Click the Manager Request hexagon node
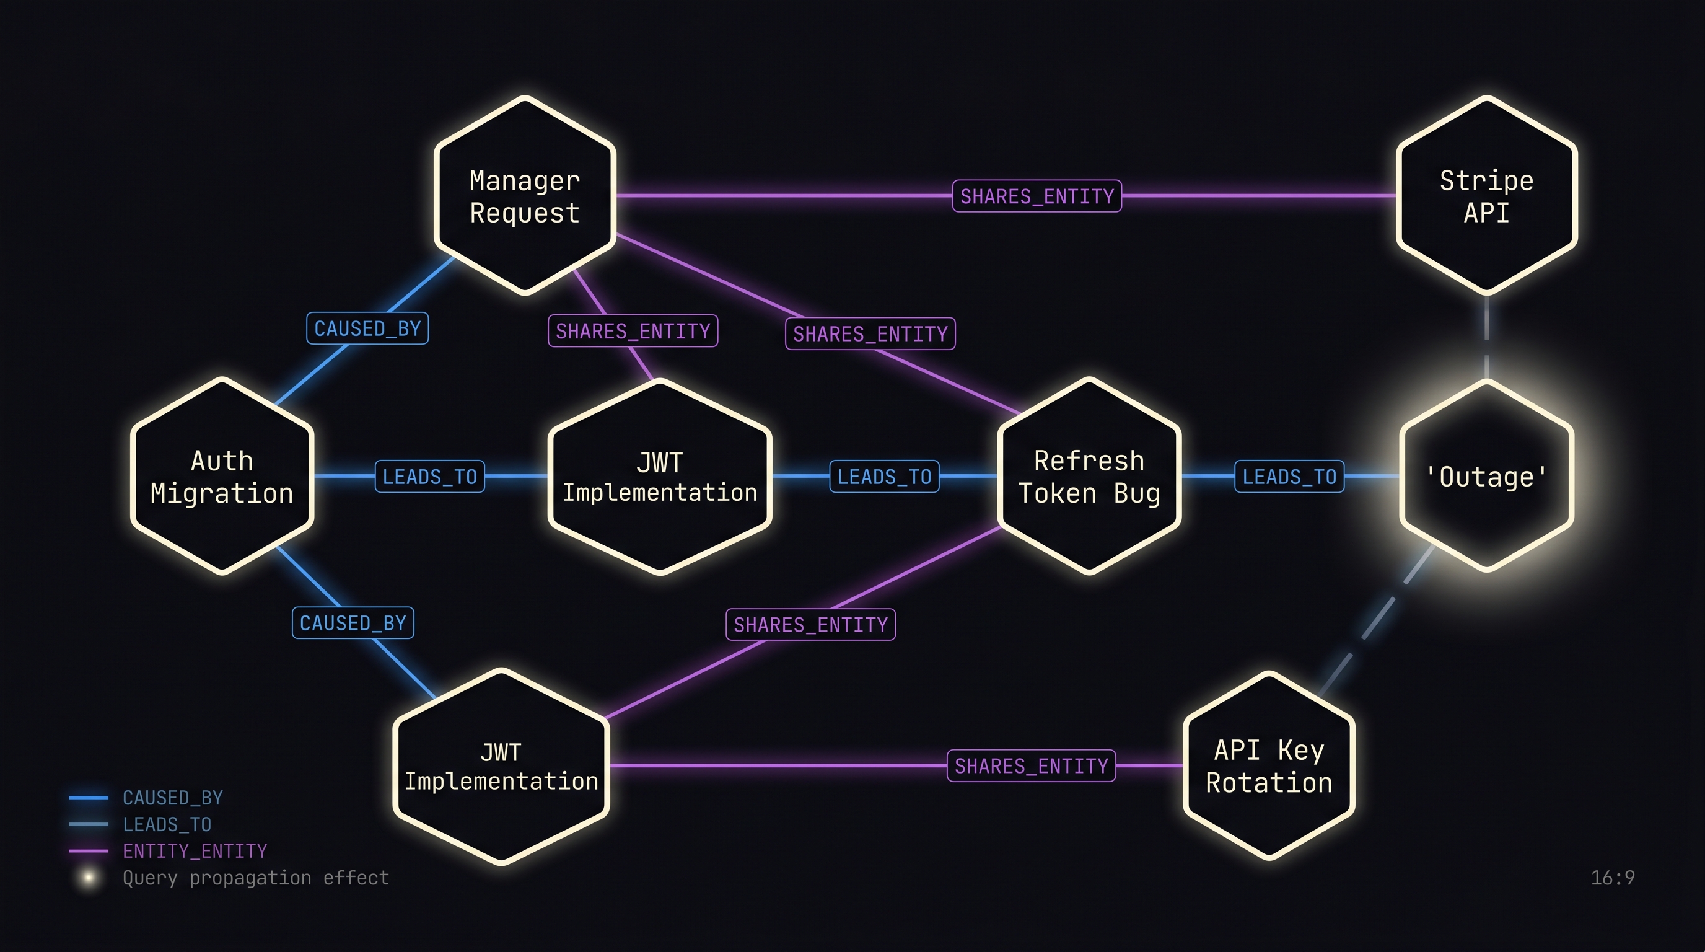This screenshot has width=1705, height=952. point(525,196)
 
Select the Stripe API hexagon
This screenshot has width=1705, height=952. point(1486,196)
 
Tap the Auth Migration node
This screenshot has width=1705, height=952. point(222,476)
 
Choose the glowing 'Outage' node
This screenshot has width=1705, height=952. point(1486,476)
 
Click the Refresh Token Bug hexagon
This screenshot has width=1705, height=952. point(1089,476)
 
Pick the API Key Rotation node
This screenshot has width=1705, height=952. point(1269,766)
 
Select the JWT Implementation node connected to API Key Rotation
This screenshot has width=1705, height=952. point(501,766)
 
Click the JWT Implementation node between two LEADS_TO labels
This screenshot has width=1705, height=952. point(660,476)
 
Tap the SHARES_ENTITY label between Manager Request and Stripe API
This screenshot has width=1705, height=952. point(1037,196)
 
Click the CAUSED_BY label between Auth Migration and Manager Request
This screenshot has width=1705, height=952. point(367,328)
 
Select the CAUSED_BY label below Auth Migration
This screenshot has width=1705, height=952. point(353,623)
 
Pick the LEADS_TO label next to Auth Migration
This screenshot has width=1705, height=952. point(429,477)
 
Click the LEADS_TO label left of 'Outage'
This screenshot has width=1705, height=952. point(1289,477)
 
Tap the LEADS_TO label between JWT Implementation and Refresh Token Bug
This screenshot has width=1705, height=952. point(884,477)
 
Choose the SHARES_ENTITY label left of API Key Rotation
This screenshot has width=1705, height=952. point(1031,766)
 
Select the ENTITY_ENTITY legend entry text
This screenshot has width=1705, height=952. point(195,851)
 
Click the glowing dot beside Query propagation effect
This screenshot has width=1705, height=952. point(88,878)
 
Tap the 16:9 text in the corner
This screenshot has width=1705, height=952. point(1612,878)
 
